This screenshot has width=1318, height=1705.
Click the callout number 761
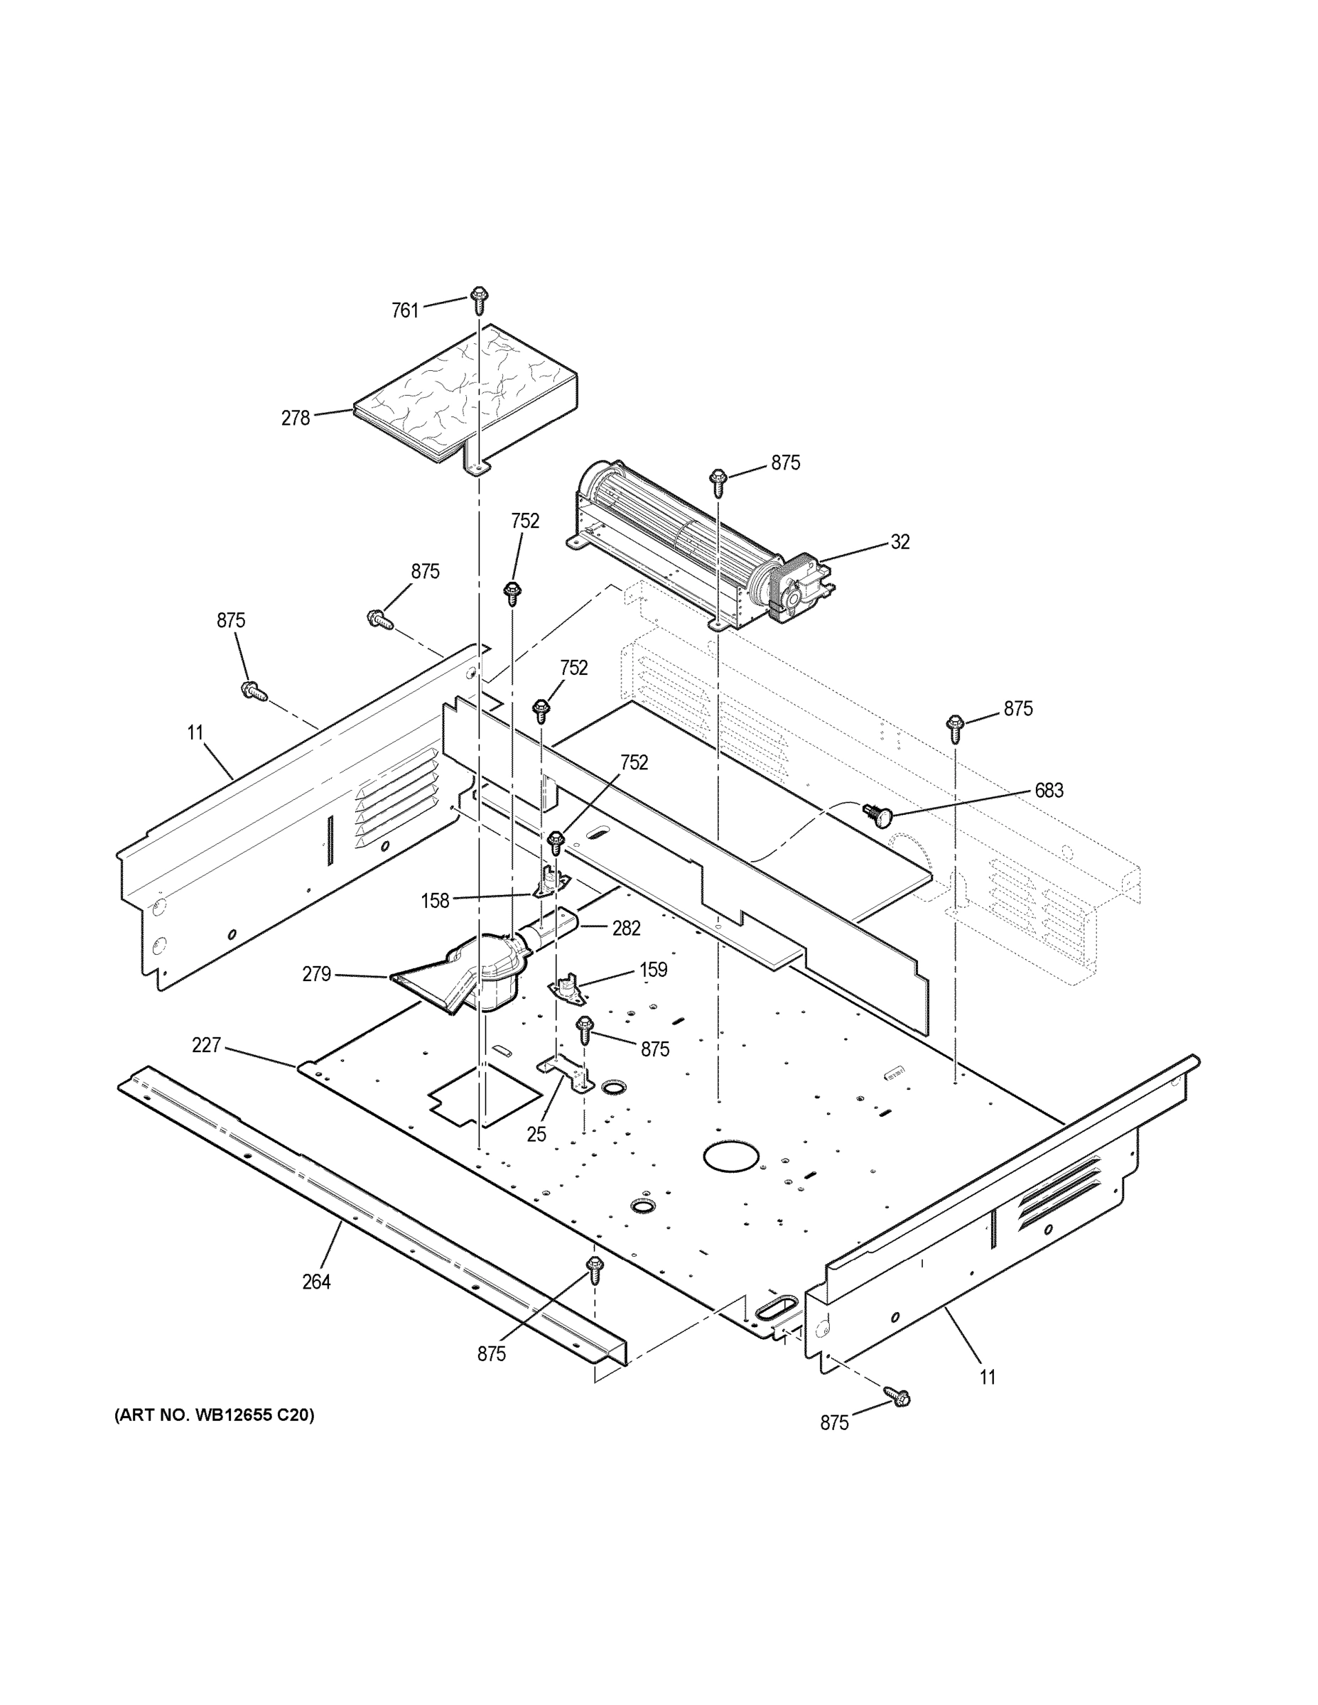404,310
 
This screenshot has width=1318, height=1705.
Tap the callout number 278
295,418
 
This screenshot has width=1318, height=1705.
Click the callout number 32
900,542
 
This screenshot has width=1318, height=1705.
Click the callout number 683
1048,791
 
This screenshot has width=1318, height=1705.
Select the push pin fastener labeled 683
879,816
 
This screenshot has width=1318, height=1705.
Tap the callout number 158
435,901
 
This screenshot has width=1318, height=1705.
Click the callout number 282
625,929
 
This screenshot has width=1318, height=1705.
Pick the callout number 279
316,974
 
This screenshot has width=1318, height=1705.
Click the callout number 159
653,970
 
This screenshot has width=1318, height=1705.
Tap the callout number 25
536,1135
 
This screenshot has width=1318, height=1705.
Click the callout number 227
206,1045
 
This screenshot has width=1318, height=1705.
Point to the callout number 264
316,1282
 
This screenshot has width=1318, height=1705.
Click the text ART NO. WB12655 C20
214,1415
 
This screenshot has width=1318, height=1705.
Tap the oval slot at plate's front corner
776,1304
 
